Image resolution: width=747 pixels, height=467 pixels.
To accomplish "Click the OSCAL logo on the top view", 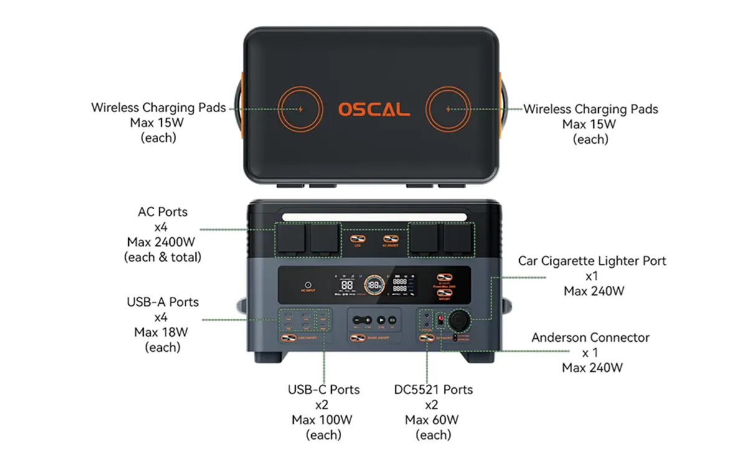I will click(374, 110).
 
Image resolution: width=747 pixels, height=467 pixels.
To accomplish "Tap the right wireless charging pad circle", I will click(449, 110).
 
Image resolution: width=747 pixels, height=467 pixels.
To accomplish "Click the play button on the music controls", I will click(381, 319).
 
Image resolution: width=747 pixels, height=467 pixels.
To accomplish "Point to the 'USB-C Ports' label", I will click(324, 390).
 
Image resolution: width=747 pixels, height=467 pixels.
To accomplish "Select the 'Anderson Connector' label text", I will click(590, 337).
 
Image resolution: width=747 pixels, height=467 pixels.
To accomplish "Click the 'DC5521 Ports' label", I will click(433, 390).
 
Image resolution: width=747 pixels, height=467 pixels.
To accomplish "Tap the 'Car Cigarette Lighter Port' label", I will click(592, 260).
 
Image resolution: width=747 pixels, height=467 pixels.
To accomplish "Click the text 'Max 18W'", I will click(162, 332).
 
